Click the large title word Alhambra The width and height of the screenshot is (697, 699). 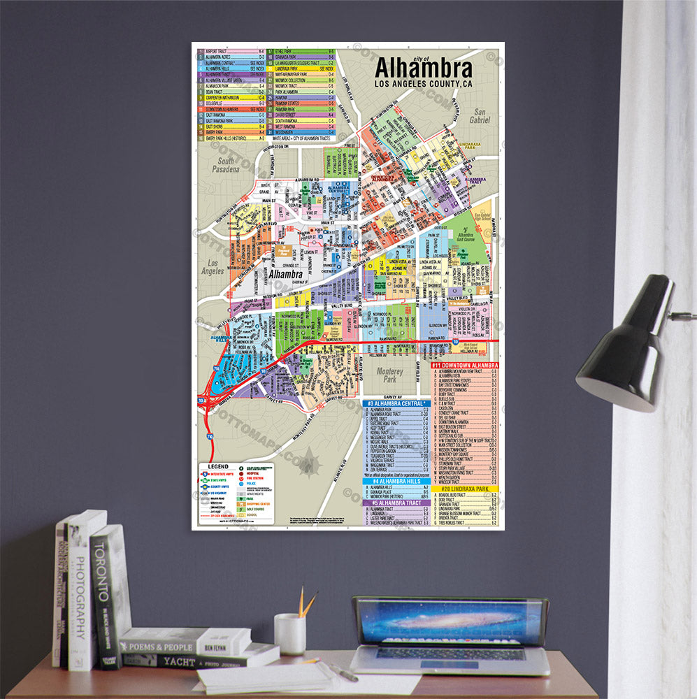(423, 69)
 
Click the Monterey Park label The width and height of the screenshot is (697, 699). (389, 376)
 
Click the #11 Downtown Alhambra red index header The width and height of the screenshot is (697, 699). (464, 365)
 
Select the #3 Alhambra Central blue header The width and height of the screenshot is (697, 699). (396, 403)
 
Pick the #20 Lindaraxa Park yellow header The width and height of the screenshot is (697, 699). (464, 488)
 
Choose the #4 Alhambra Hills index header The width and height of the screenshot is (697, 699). (396, 481)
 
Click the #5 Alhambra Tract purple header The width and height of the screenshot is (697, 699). (396, 503)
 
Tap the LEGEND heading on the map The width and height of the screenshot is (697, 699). (217, 466)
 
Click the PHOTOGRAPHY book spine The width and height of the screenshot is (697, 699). (78, 594)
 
